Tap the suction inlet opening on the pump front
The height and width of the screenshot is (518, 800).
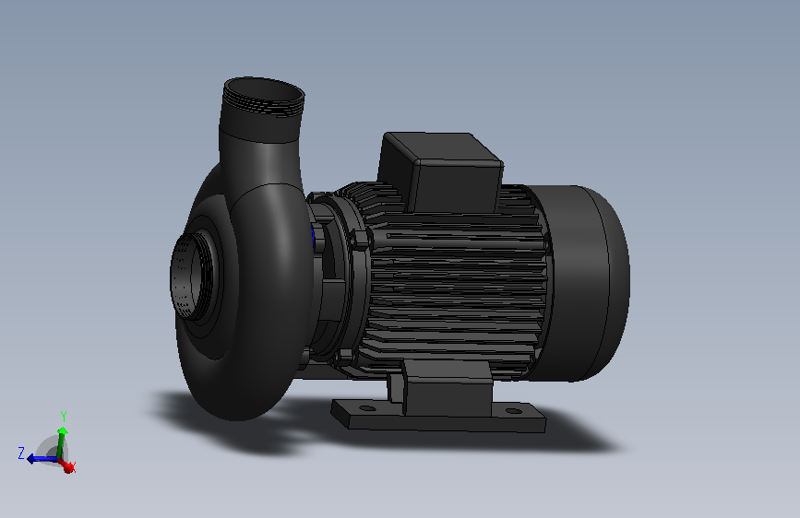[189, 277]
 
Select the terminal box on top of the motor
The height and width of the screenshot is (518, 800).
[440, 171]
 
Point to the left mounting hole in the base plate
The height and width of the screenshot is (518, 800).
[367, 408]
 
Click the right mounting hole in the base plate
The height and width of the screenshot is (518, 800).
[514, 411]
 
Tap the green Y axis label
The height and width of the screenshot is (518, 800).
[64, 416]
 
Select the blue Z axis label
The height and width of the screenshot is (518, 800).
[21, 453]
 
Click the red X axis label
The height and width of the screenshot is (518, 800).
[72, 466]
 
